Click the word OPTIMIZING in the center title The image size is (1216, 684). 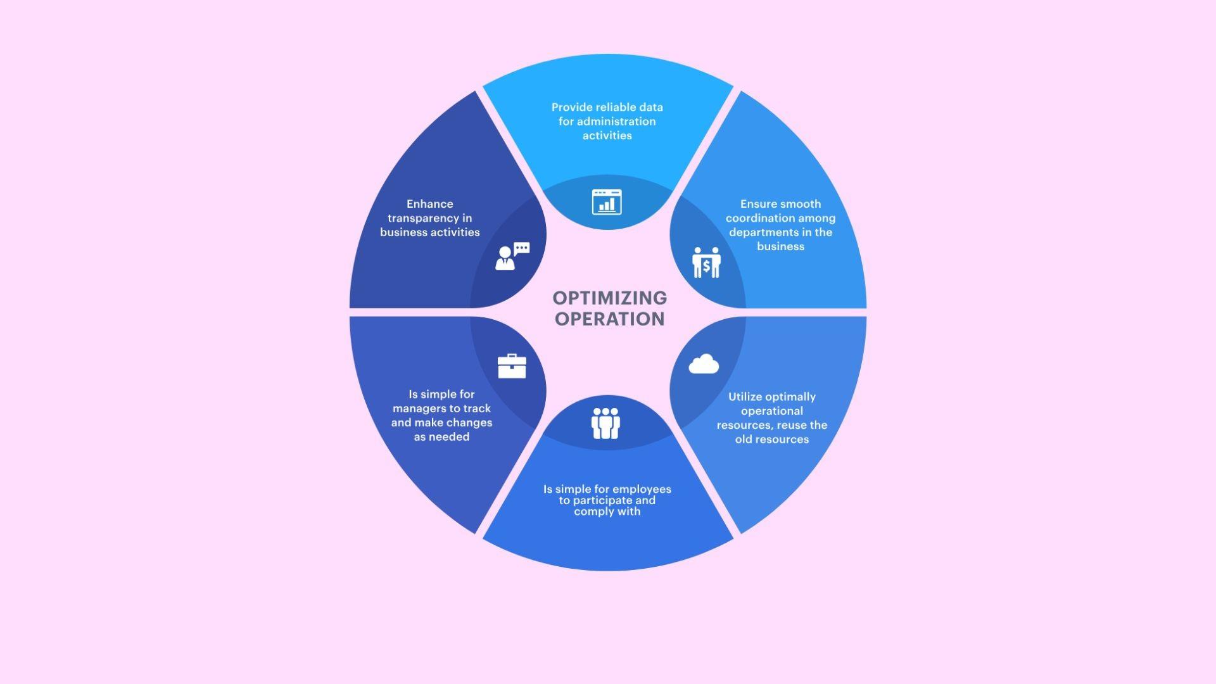tap(609, 298)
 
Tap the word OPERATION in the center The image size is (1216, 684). tap(609, 319)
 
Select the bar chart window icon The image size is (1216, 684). tap(607, 202)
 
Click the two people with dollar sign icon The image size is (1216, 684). tap(706, 262)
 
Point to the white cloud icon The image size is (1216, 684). tap(704, 365)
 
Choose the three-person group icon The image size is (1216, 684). tap(605, 423)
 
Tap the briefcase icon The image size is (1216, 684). tap(512, 366)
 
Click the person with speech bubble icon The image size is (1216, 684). tap(512, 256)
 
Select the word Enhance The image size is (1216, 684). tap(429, 204)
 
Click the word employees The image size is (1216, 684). tap(642, 489)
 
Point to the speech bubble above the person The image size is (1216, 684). tap(522, 248)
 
